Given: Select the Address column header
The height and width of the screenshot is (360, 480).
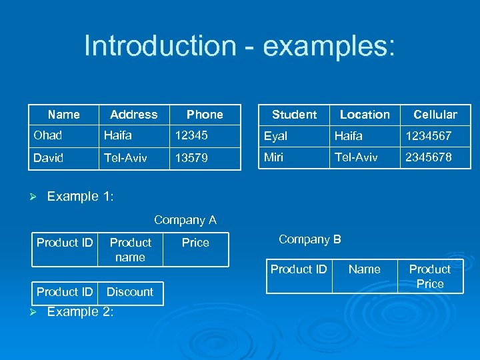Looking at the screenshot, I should coord(133,115).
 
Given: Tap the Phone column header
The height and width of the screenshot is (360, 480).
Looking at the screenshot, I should coord(205,115).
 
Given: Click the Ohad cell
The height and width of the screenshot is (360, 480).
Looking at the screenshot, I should coord(47,135).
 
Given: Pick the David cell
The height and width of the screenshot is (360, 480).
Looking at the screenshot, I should coord(49,158).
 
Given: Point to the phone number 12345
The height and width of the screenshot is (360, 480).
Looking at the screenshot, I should coord(191,135).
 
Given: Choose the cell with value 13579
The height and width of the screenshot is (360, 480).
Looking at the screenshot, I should coord(191,159).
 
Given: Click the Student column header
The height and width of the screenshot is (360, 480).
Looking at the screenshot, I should coord(294,115).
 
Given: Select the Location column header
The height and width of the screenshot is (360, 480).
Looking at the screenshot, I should coord(365,115).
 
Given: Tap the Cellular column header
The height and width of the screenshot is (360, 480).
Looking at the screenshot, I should coord(435,115).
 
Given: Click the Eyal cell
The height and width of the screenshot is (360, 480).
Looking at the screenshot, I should coord(275,136).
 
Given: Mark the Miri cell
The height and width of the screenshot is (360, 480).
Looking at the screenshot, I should coord(274,157).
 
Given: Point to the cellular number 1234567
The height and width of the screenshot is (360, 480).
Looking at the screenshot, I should coord(429,136).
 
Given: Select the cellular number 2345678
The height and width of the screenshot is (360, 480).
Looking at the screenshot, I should coord(429,157).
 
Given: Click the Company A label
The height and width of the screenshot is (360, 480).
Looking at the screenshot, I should coord(185,220).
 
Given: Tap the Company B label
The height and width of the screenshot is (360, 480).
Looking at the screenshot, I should coord(309,239).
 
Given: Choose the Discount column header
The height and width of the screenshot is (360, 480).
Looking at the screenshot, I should coord(130,292).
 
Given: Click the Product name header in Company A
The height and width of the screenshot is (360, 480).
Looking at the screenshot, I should coord(130,249).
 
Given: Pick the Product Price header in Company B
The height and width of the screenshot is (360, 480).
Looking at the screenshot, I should coord(429,276).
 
